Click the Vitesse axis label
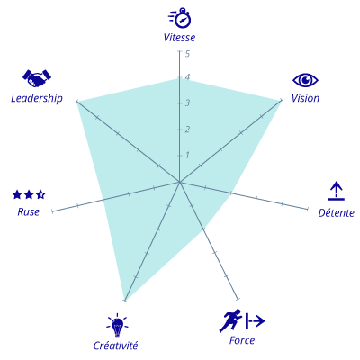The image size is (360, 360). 179,38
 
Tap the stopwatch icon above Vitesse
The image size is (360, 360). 180,18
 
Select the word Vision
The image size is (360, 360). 305,98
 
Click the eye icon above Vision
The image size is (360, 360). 305,80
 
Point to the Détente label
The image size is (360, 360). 337,212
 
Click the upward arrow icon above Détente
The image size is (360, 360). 337,191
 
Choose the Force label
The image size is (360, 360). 242,340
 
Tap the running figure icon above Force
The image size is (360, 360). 230,320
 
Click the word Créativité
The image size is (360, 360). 115,346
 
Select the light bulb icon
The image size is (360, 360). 117,325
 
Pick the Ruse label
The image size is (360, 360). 29,212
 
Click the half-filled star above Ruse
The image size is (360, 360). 40,194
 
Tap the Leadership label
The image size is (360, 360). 37,98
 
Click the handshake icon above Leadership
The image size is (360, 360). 37,78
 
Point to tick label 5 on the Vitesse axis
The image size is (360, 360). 187,54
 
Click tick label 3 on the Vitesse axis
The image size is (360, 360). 187,103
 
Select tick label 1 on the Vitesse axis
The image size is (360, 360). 187,155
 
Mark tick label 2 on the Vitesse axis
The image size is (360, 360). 187,130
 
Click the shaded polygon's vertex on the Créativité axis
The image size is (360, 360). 125,300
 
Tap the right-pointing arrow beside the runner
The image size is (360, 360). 255,320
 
